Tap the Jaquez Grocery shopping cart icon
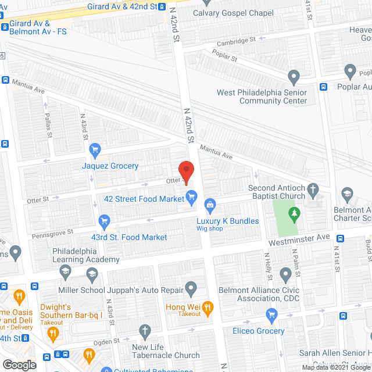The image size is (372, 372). coord(95,151)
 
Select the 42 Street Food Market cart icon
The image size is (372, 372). coord(189,196)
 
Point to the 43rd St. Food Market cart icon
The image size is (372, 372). coord(105,221)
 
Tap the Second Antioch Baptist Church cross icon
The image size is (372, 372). coord(313,189)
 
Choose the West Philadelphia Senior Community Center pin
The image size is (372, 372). coord(294,76)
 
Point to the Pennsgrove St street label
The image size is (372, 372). coord(53,231)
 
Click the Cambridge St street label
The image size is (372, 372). coord(236,41)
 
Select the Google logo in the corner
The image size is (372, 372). coord(19,364)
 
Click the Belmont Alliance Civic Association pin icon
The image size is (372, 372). coord(285,274)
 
